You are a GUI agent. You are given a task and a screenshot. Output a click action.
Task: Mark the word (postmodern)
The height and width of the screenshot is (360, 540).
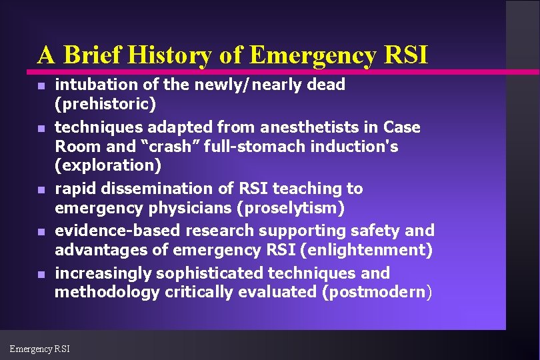(x=377, y=292)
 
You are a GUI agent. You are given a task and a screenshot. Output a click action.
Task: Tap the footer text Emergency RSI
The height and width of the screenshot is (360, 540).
(x=39, y=348)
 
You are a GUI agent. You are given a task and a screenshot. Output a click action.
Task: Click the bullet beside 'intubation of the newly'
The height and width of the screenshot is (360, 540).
(x=41, y=87)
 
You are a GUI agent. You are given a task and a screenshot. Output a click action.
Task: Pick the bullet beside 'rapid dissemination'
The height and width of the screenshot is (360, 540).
(x=41, y=191)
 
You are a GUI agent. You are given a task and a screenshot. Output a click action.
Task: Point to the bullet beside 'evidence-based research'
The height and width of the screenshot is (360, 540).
(x=41, y=233)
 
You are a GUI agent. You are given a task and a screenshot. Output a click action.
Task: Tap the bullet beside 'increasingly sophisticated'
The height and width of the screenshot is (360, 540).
(x=41, y=275)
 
